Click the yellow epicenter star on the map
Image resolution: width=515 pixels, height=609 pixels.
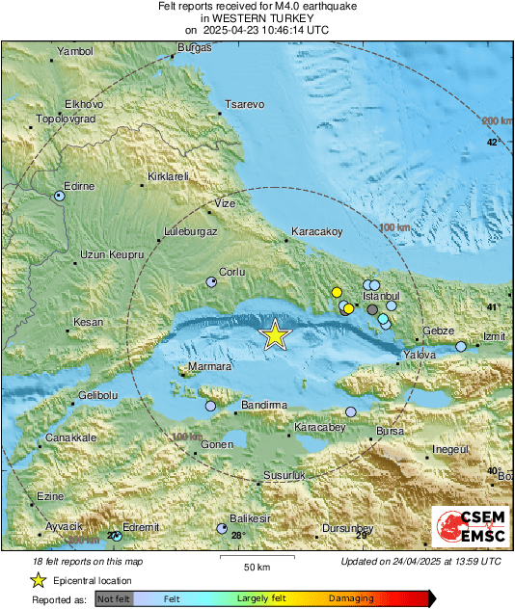click(276, 334)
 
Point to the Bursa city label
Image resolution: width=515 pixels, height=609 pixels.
click(390, 431)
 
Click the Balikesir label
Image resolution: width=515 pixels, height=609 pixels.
click(250, 518)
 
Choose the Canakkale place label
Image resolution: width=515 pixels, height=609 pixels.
click(71, 437)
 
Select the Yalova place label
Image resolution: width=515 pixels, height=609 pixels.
click(420, 356)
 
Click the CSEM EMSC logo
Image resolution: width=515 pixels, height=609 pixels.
click(467, 528)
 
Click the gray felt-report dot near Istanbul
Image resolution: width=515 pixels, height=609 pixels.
click(372, 310)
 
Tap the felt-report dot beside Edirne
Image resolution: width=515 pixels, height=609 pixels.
click(59, 195)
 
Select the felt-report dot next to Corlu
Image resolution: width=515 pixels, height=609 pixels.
click(212, 282)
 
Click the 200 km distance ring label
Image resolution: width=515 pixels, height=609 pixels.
click(497, 120)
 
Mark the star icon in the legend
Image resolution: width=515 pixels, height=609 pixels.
click(39, 580)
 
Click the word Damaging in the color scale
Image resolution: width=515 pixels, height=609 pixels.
click(351, 598)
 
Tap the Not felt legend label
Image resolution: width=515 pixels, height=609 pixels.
click(114, 599)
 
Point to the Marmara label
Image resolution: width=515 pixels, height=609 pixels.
click(209, 367)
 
